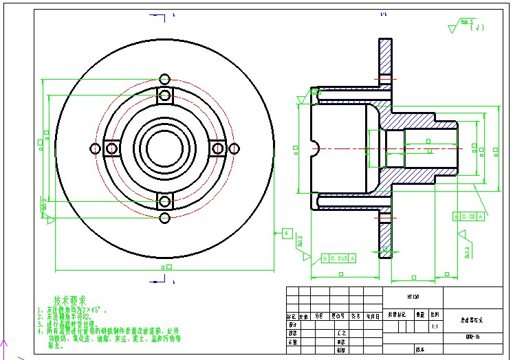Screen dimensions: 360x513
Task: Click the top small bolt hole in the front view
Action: click(x=164, y=78)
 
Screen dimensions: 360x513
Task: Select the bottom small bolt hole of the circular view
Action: click(x=164, y=218)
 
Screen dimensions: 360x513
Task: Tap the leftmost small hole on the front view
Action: click(x=95, y=148)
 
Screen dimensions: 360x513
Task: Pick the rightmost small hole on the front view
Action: click(x=234, y=148)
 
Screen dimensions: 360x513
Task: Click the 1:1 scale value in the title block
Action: click(x=435, y=327)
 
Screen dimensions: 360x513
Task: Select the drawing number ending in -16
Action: click(x=472, y=337)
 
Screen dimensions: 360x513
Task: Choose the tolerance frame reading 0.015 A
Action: click(x=339, y=258)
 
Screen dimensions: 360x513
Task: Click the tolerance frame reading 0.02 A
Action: click(x=469, y=216)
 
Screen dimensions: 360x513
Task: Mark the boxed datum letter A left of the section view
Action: click(x=286, y=234)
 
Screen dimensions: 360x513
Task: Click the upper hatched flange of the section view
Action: click(x=386, y=62)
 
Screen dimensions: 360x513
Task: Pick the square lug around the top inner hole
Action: click(x=164, y=95)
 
